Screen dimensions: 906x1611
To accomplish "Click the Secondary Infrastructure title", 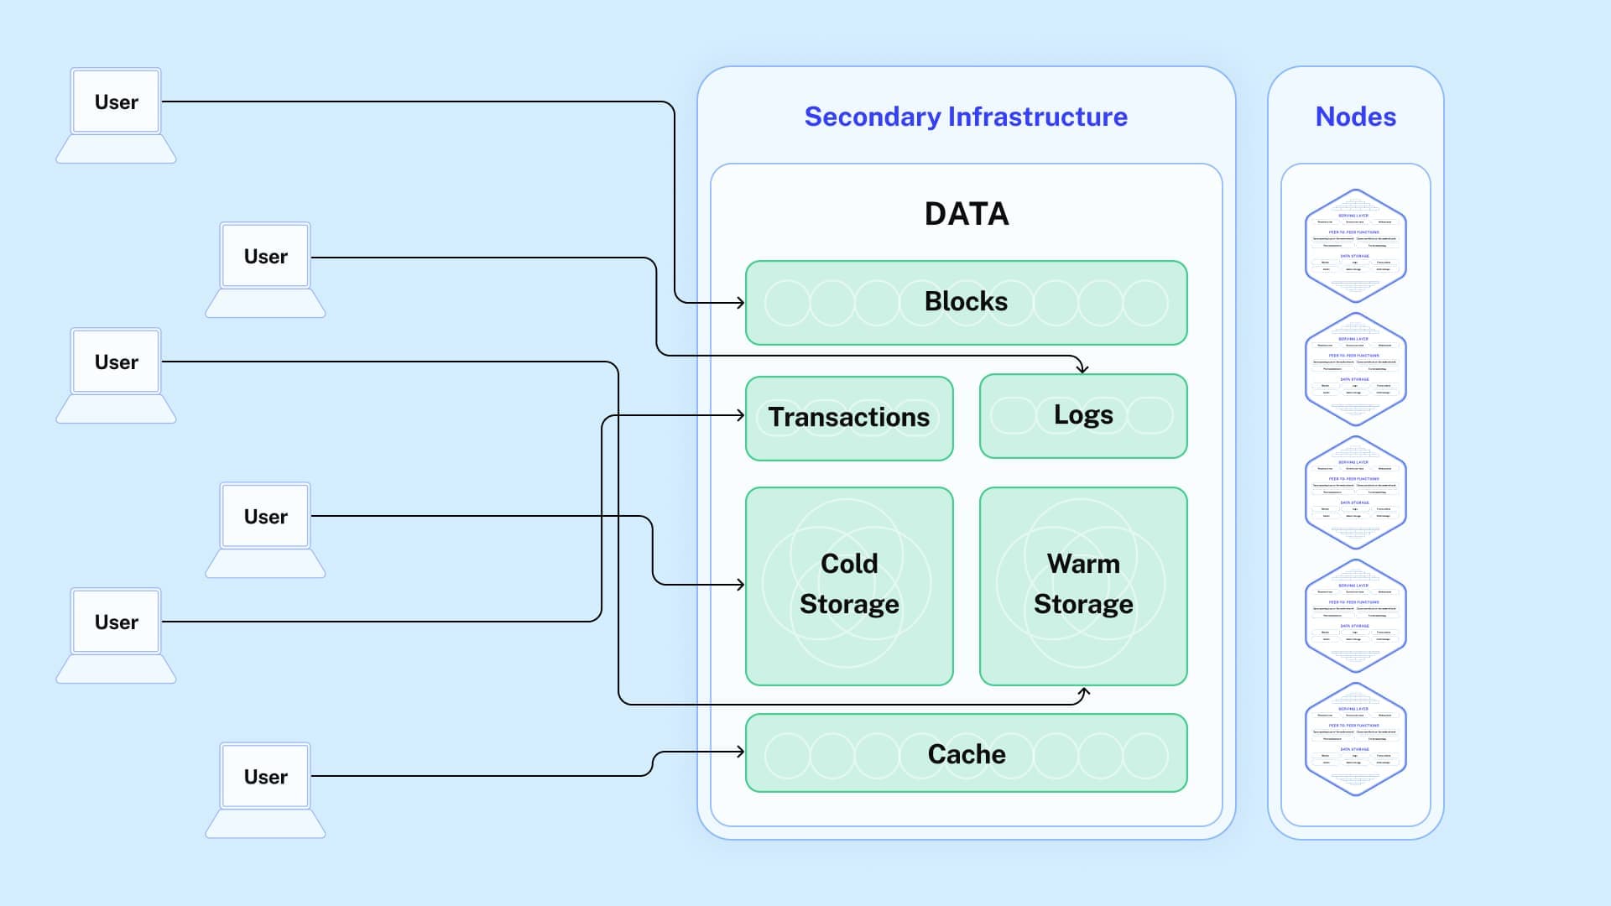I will click(x=966, y=117).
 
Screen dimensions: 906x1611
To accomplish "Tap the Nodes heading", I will click(x=1355, y=117).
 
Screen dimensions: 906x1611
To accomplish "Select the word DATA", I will click(x=967, y=214).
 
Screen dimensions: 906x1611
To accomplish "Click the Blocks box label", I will click(x=966, y=301).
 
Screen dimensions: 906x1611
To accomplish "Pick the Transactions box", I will click(x=849, y=418).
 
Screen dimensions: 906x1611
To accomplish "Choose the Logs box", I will click(x=1083, y=415).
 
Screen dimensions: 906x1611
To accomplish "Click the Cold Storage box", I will click(x=849, y=585).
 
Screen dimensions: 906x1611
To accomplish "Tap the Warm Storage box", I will click(x=1083, y=585).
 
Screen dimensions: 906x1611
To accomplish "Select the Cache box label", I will click(x=966, y=753).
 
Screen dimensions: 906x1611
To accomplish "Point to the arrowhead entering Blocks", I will click(x=741, y=302).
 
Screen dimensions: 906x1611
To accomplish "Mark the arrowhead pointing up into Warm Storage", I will click(x=1084, y=692).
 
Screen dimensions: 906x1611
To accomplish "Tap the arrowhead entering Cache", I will click(x=741, y=752).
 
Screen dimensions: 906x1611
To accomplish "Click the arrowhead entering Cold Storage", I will click(x=741, y=584).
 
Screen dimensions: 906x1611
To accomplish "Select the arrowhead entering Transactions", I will click(x=741, y=415).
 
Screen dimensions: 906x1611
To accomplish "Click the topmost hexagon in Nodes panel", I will click(x=1355, y=245).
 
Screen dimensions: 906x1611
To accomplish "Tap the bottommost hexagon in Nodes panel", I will click(x=1355, y=738).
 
